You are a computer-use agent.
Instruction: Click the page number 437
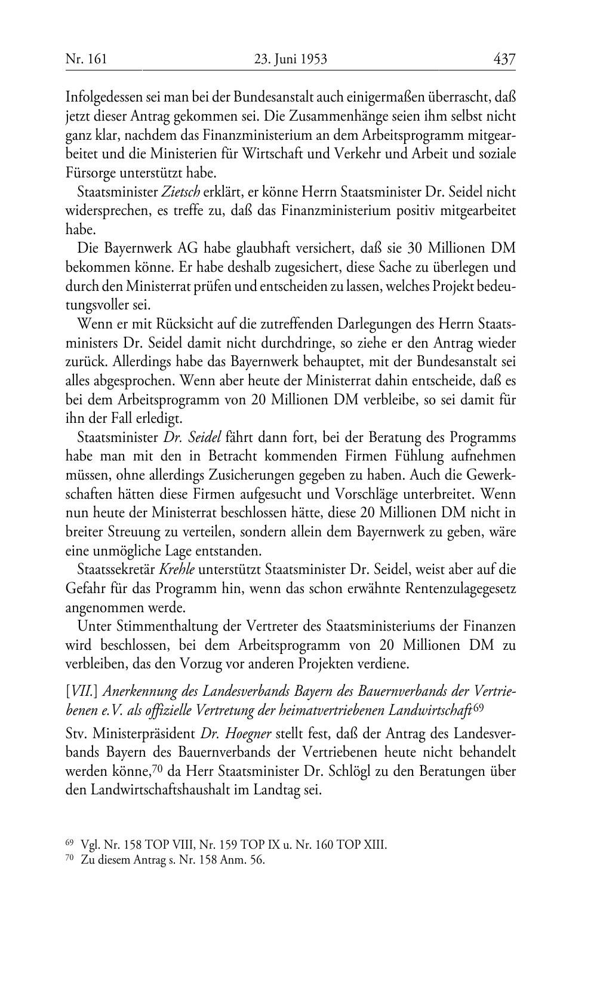(504, 59)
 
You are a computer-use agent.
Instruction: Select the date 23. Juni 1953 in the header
(291, 59)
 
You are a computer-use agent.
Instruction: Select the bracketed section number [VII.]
(82, 691)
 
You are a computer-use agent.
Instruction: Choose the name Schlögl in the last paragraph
(329, 770)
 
